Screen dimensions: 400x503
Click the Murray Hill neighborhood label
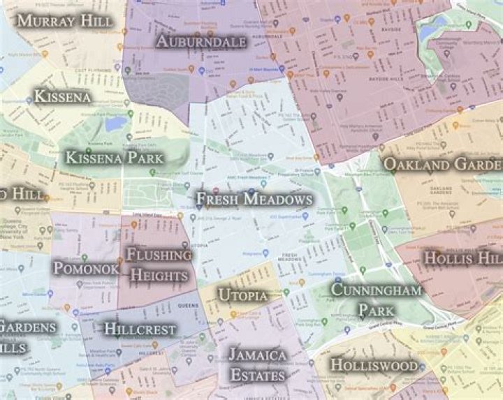[x=64, y=21]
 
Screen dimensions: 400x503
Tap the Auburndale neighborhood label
[x=201, y=42]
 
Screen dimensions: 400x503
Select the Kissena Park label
[x=115, y=158]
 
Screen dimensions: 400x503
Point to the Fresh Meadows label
[x=254, y=200]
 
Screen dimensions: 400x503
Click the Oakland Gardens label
[x=442, y=165]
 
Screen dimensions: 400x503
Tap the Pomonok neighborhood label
[x=85, y=268]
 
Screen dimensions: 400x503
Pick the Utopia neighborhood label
[x=242, y=295]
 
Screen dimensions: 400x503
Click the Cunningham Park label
[x=377, y=299]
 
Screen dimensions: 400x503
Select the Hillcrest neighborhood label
[x=140, y=329]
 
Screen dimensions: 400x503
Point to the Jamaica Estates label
[x=257, y=365]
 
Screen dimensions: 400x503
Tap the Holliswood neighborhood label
[x=374, y=365]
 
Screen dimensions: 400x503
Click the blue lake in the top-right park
[x=434, y=29]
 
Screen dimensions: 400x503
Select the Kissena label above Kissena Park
[x=63, y=96]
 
